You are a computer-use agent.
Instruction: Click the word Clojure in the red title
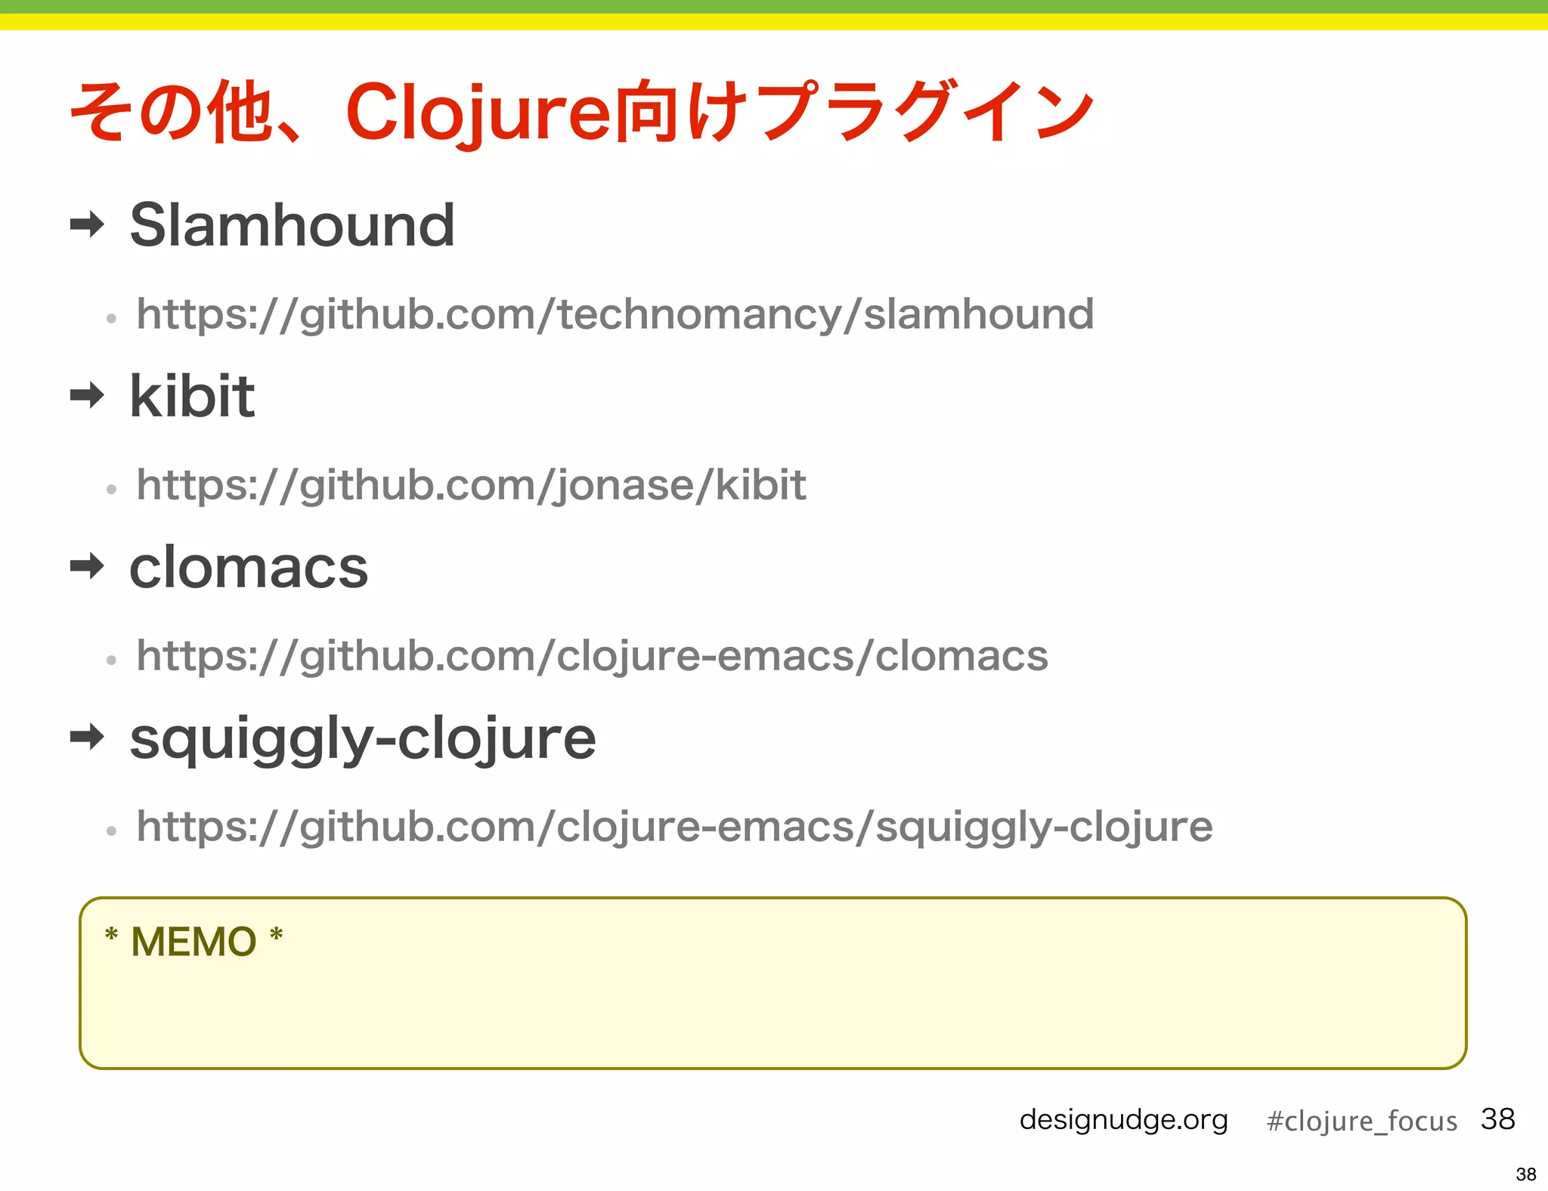pos(478,112)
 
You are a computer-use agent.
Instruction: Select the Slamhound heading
pos(292,225)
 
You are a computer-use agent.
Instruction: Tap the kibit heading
pos(192,396)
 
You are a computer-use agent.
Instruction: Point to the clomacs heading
pos(249,567)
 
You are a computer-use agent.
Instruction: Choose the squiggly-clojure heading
pos(363,738)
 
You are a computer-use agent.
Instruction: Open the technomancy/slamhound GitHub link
pos(615,314)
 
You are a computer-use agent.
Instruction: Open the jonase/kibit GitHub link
pos(471,485)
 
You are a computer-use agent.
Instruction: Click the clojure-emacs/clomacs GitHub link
pos(592,656)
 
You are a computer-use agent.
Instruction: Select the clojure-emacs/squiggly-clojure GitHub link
pos(674,827)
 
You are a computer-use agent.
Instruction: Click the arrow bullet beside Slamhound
pos(87,224)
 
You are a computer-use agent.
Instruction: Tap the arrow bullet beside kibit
pos(87,394)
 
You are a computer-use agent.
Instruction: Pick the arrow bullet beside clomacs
pos(87,565)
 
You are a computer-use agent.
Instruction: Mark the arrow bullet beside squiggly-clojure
pos(87,736)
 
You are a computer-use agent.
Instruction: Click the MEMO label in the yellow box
pos(193,942)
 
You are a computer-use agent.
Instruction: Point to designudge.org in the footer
pos(1123,1119)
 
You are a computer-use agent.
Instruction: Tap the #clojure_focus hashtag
pos(1361,1121)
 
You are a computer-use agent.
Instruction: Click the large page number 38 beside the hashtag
pos(1497,1118)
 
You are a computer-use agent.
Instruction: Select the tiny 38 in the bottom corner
pos(1525,1174)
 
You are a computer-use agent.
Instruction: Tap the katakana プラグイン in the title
pos(926,112)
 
